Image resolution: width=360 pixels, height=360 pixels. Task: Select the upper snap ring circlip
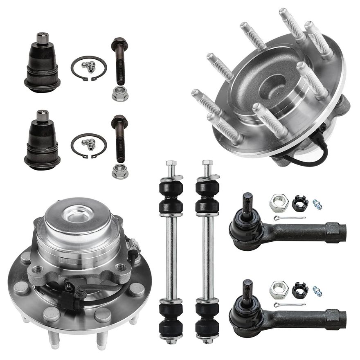coord(88,68)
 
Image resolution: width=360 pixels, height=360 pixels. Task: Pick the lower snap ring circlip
coord(88,145)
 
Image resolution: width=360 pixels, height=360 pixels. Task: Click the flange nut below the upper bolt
coord(120,94)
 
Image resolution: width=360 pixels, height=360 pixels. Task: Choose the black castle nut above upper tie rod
coord(299,203)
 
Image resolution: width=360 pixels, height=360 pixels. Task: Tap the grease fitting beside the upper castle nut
coord(317,204)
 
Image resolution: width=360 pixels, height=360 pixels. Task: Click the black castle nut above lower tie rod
coord(299,290)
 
